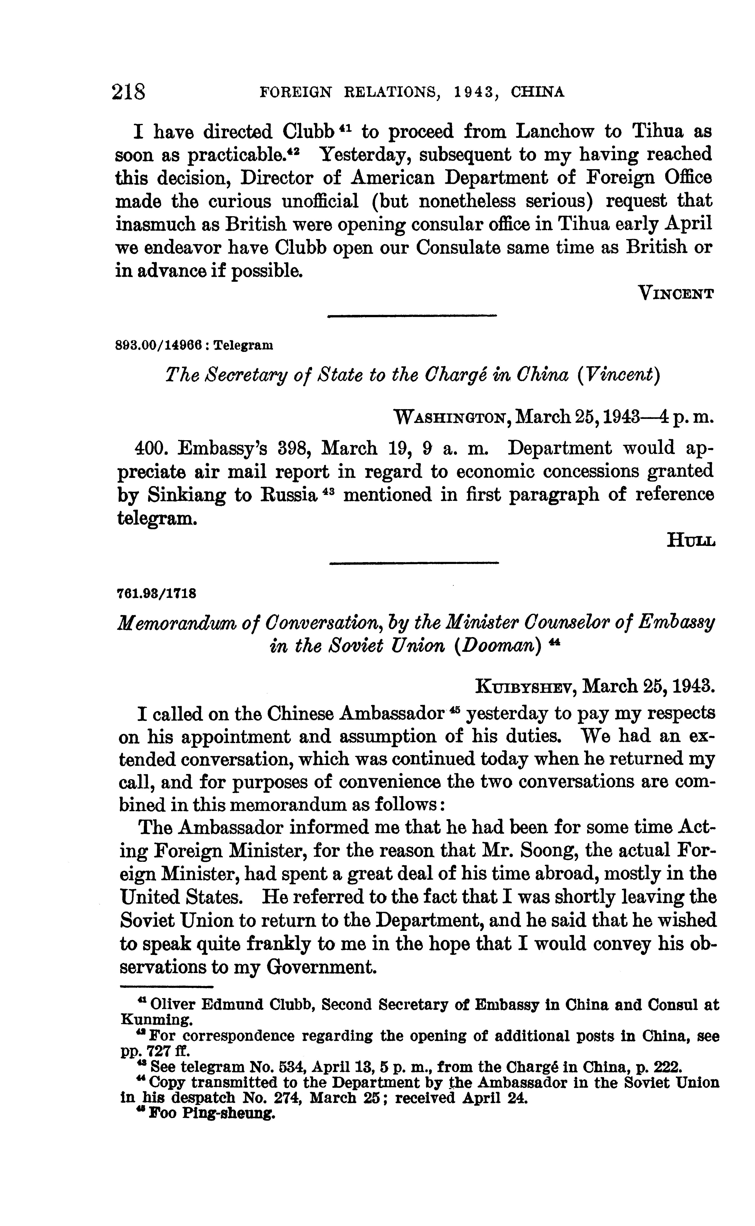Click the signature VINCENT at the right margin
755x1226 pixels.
pyautogui.click(x=677, y=294)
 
